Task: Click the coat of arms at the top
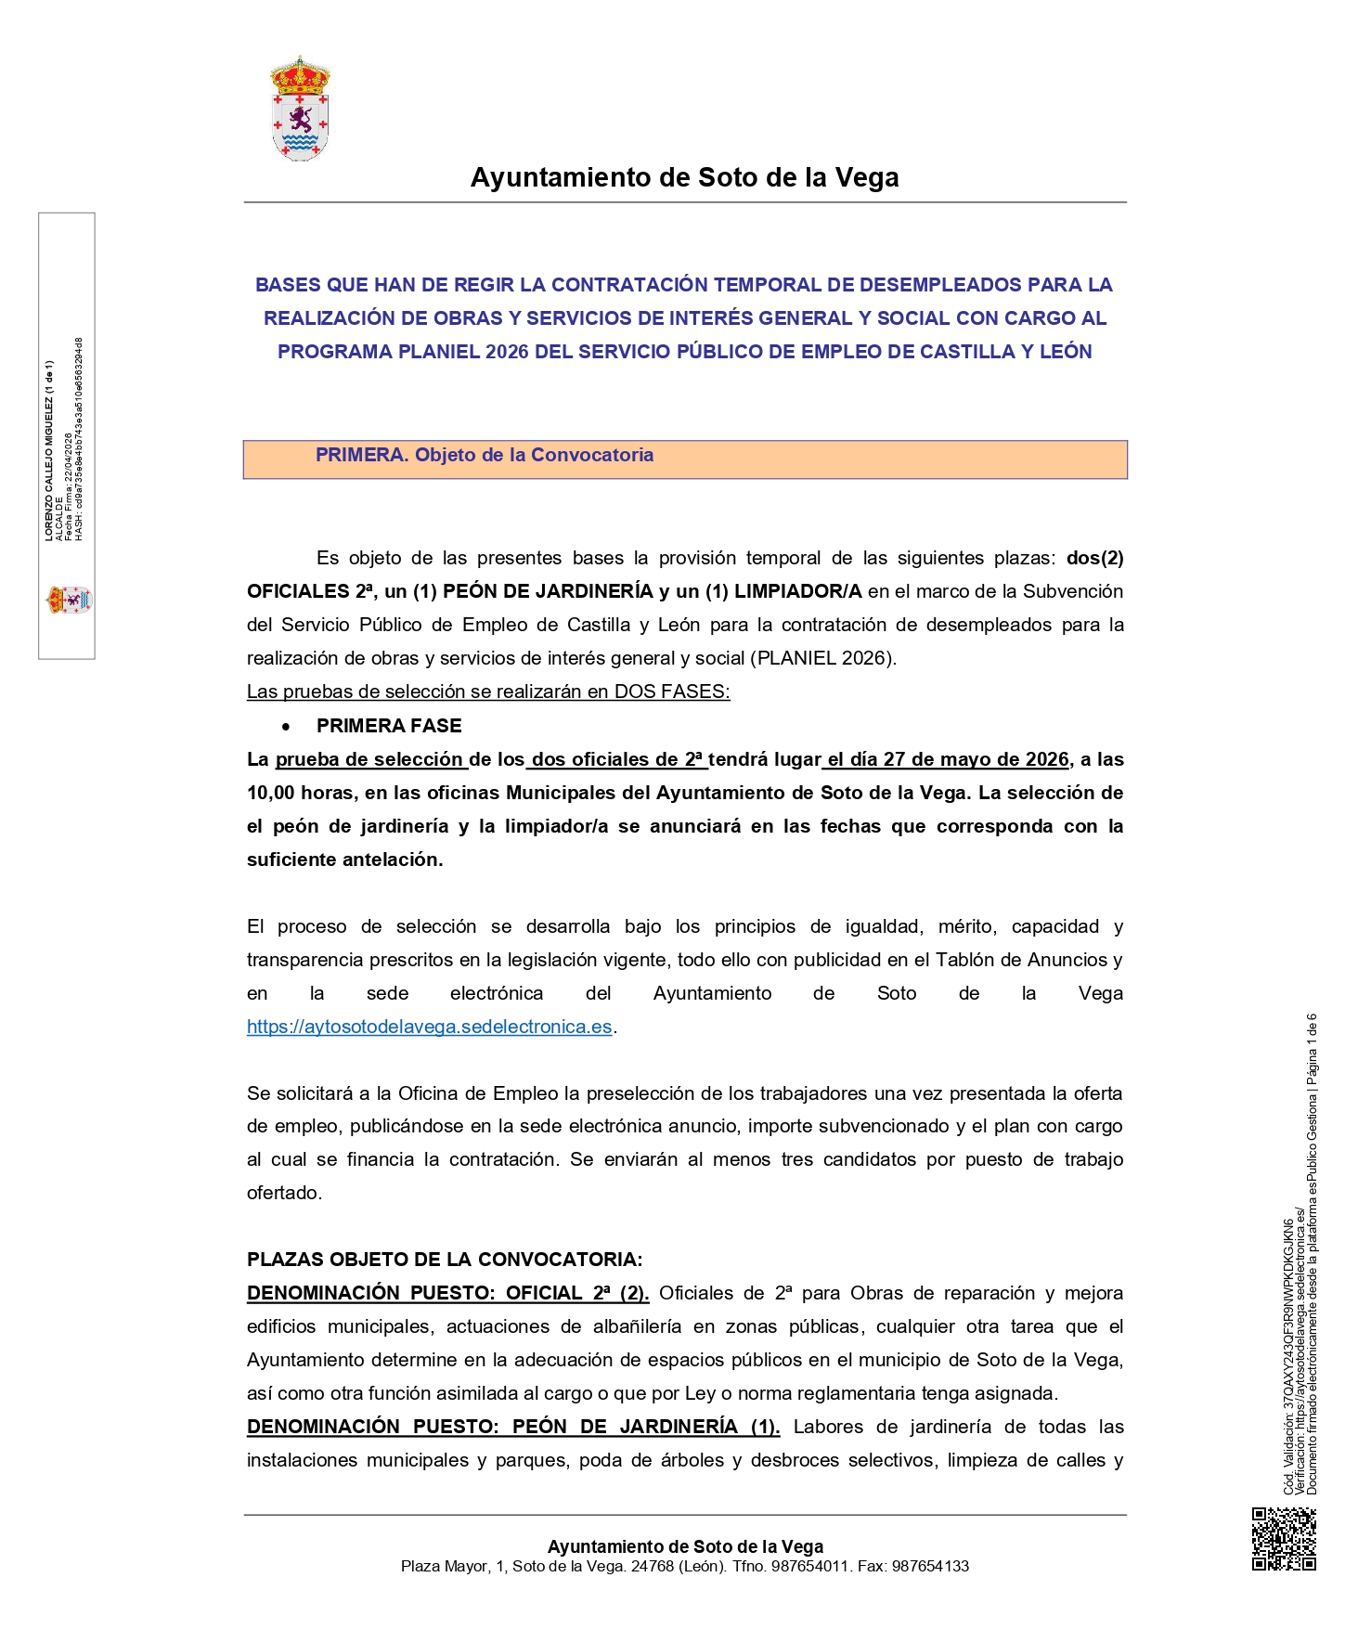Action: [x=299, y=109]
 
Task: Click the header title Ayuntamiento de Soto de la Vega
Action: [x=684, y=177]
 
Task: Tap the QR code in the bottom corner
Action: [x=1283, y=1539]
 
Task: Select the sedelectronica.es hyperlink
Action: [x=429, y=1027]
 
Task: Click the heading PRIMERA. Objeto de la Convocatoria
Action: [x=484, y=455]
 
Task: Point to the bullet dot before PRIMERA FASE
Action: [x=286, y=727]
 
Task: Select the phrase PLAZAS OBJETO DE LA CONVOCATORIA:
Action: [x=444, y=1260]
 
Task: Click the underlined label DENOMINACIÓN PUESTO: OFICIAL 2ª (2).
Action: [x=447, y=1293]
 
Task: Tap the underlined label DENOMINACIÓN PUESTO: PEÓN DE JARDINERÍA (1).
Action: [x=512, y=1427]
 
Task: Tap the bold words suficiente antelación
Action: [x=344, y=860]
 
